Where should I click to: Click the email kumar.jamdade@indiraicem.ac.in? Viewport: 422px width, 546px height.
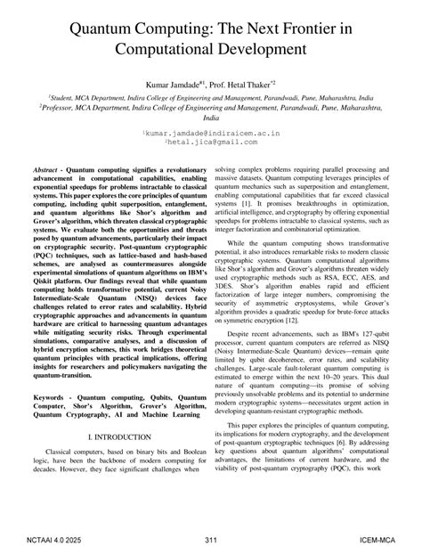(211, 131)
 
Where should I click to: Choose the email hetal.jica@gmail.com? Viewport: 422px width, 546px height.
(211, 141)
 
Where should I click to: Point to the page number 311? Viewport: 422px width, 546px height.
(210, 537)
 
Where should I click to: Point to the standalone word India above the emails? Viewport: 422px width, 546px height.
(211, 120)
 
